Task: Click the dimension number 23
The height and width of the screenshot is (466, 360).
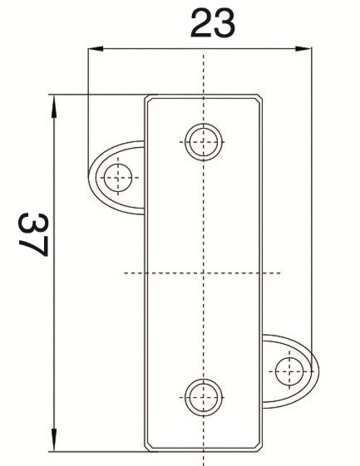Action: pyautogui.click(x=213, y=24)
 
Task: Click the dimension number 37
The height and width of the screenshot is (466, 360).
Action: pyautogui.click(x=33, y=234)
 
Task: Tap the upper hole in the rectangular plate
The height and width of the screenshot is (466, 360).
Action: pyautogui.click(x=203, y=142)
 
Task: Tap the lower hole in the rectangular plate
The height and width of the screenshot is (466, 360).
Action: pyautogui.click(x=203, y=397)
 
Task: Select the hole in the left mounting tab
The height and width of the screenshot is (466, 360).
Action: pyautogui.click(x=118, y=177)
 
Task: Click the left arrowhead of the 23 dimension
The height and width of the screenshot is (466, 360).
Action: pyautogui.click(x=95, y=49)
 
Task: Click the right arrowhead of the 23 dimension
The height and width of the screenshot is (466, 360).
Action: pyautogui.click(x=305, y=49)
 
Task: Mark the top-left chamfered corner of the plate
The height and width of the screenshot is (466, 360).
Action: pyautogui.click(x=147, y=98)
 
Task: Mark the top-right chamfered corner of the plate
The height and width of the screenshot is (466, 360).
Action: pyautogui.click(x=260, y=98)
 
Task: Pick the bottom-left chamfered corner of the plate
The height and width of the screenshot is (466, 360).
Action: pyautogui.click(x=147, y=446)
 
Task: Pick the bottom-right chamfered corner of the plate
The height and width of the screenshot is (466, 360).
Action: pyautogui.click(x=260, y=446)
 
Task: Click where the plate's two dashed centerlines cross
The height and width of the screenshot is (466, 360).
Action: pyautogui.click(x=203, y=273)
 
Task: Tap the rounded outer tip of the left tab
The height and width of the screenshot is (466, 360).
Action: pyautogui.click(x=90, y=177)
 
